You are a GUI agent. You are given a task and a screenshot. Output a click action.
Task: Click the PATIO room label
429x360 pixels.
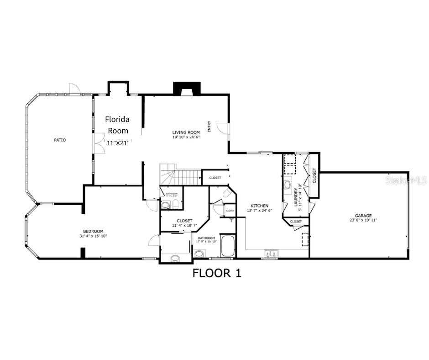pos(60,140)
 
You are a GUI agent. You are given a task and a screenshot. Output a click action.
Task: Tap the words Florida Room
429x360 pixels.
pos(117,125)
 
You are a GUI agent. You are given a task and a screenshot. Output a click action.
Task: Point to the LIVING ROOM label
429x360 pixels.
pos(186,132)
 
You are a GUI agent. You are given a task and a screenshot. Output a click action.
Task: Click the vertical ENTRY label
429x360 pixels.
pos(209,127)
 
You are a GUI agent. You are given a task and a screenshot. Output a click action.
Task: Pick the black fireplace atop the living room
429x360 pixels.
pos(187,88)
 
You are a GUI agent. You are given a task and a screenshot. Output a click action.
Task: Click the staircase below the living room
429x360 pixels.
pos(180,176)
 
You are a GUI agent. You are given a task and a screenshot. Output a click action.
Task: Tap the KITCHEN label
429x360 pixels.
pos(259,206)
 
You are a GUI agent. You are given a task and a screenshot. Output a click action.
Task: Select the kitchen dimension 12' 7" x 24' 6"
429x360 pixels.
pos(259,211)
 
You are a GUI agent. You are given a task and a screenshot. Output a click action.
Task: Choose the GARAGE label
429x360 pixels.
pos(363,216)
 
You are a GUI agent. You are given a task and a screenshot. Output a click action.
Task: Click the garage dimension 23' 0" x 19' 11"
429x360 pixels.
pos(363,220)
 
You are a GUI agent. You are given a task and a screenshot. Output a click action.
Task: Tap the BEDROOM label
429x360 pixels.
pos(93,231)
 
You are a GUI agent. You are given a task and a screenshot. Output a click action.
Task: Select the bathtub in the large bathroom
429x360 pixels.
pos(228,246)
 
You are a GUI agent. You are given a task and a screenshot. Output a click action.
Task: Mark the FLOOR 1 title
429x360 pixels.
pos(216,273)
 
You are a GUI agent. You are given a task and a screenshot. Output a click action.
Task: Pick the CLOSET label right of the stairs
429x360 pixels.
pos(215,178)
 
